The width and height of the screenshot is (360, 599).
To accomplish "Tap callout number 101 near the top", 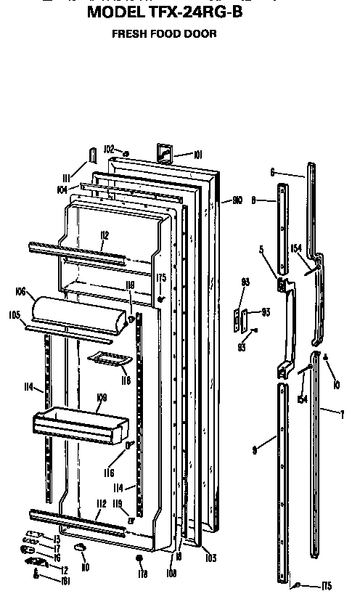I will pyautogui.click(x=198, y=154).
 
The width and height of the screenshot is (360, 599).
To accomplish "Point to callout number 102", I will pyautogui.click(x=109, y=150).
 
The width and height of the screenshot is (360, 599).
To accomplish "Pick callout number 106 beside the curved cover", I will pyautogui.click(x=20, y=292).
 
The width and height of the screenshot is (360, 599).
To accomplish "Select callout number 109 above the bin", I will pyautogui.click(x=102, y=397).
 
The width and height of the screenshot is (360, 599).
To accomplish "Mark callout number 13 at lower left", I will pyautogui.click(x=56, y=539).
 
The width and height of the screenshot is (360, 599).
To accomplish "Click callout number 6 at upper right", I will pyautogui.click(x=271, y=172).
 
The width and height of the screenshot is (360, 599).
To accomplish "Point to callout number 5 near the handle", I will pyautogui.click(x=260, y=248).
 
